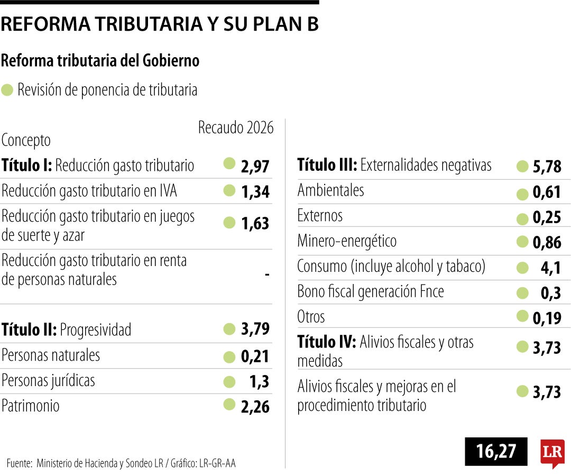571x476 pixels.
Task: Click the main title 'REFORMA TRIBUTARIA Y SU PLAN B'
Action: (160, 24)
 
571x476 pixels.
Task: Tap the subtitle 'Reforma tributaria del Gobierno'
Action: (100, 61)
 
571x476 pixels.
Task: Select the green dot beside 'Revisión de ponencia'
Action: (7, 90)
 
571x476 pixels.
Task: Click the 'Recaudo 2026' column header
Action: (236, 127)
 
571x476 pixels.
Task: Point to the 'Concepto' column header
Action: (26, 141)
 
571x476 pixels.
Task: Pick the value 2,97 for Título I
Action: (255, 166)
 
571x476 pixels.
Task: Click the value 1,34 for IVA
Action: (255, 191)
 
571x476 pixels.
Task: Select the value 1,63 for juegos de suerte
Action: (255, 224)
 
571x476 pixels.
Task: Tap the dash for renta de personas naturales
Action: (267, 274)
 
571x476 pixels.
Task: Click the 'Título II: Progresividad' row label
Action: (66, 330)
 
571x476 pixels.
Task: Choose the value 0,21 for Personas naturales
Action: (255, 356)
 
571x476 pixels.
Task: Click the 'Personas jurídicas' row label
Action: (48, 381)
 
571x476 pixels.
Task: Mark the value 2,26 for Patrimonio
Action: (255, 406)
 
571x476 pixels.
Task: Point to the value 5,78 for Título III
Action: (547, 167)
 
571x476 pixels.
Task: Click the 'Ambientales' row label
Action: (330, 190)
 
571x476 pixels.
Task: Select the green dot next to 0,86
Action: (522, 242)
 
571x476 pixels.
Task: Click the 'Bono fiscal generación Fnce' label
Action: (370, 292)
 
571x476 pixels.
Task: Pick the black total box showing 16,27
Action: (496, 451)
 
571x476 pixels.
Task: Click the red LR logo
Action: (552, 452)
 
